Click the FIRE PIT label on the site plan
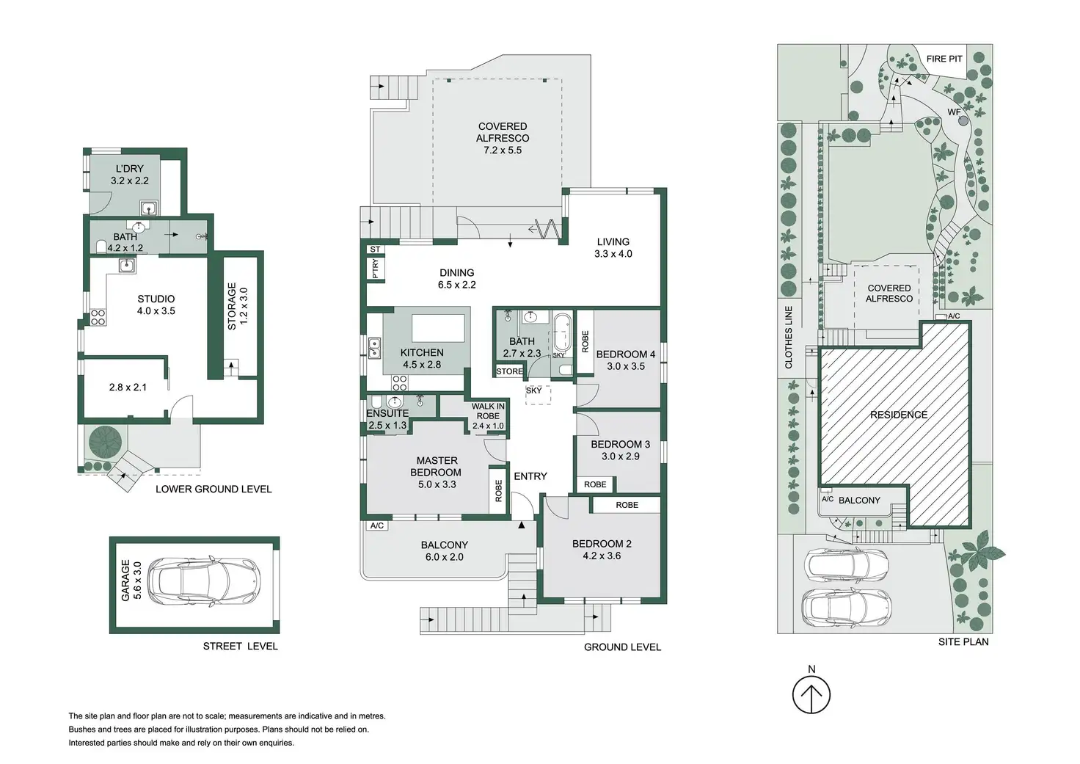click(x=944, y=59)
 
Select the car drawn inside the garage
click(x=204, y=581)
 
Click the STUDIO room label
click(x=156, y=299)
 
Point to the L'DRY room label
click(x=129, y=169)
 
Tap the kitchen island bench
click(x=438, y=328)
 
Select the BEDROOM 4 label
click(x=625, y=354)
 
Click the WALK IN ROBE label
click(x=488, y=412)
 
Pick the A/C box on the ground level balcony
click(x=377, y=525)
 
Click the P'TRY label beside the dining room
click(x=376, y=269)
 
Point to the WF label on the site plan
click(x=954, y=112)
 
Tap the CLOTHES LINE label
click(x=789, y=337)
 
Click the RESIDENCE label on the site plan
click(x=899, y=415)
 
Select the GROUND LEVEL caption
click(x=622, y=647)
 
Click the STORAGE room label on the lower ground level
click(x=231, y=306)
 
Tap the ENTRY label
click(x=530, y=476)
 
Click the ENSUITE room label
click(x=387, y=413)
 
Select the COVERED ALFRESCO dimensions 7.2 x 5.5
click(x=503, y=150)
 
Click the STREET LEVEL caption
click(x=240, y=647)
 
